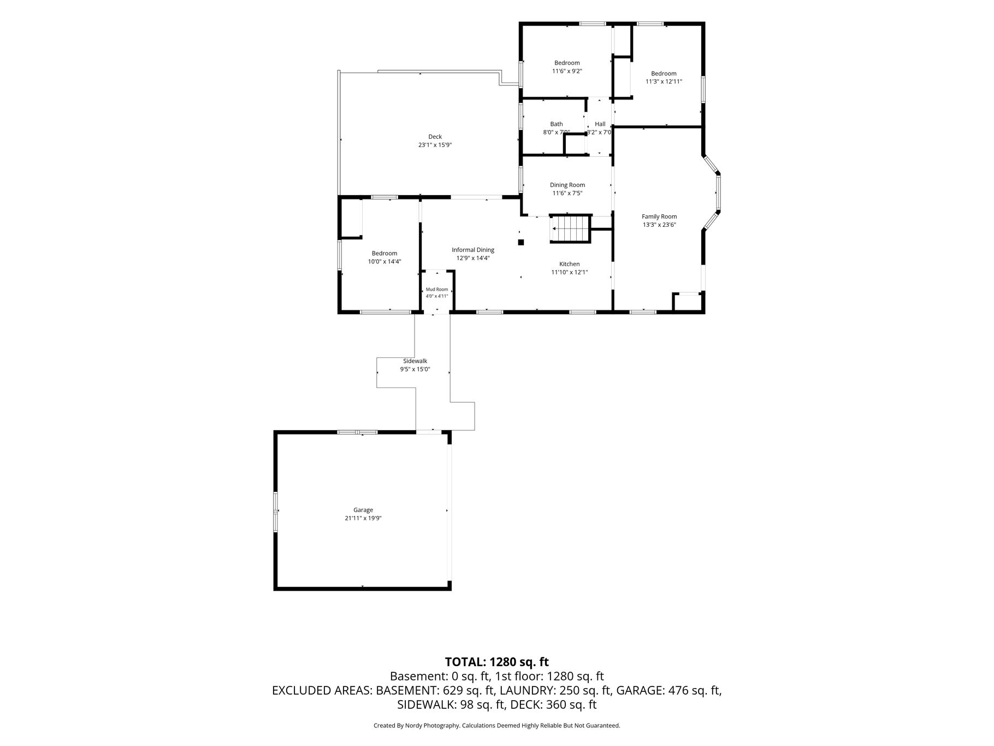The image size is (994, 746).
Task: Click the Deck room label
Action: pos(435,137)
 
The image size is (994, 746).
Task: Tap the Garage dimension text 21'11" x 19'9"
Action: pos(363,518)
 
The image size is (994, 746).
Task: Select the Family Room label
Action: pos(659,216)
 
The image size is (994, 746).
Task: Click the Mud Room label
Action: pos(437,289)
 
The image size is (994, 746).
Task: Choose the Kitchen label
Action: pos(570,264)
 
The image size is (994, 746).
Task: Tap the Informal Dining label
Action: pos(473,250)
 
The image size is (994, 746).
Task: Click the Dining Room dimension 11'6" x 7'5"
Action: pos(567,193)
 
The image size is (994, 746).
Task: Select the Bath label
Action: pos(557,124)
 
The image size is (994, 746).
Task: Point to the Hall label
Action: pos(600,124)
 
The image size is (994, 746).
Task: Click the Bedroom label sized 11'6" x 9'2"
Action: pos(567,63)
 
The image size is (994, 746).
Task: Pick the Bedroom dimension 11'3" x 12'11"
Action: pos(664,81)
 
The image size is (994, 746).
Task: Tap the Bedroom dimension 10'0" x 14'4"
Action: pos(384,261)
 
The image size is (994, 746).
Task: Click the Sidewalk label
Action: pos(415,361)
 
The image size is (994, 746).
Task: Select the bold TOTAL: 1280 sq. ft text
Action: pos(497,662)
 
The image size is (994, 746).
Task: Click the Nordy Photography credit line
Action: pos(497,726)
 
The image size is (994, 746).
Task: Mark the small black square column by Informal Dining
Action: pos(520,242)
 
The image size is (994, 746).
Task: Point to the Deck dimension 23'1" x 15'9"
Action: pos(435,145)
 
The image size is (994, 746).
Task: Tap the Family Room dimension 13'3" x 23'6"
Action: pos(659,225)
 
